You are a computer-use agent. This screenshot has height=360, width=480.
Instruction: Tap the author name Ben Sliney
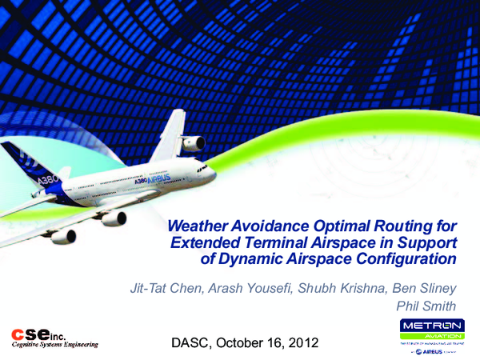tap(422, 287)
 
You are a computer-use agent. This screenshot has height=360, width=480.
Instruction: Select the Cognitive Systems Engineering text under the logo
tap(54, 346)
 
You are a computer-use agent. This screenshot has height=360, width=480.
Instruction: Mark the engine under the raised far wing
tap(193, 144)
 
